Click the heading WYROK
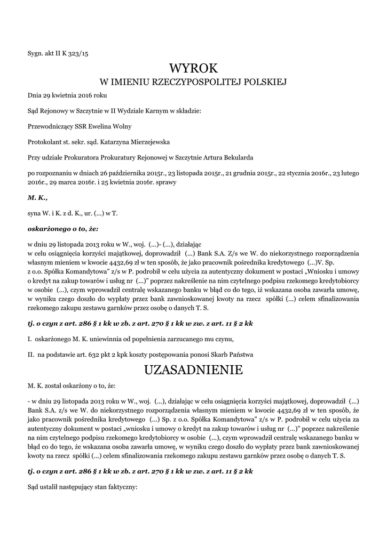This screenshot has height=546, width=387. tap(193, 68)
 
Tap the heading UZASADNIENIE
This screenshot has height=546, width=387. tap(193, 370)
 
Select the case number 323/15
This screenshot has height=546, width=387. tap(77, 52)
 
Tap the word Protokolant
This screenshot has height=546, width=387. tap(45, 142)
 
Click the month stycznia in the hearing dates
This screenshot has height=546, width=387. tap(292, 173)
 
